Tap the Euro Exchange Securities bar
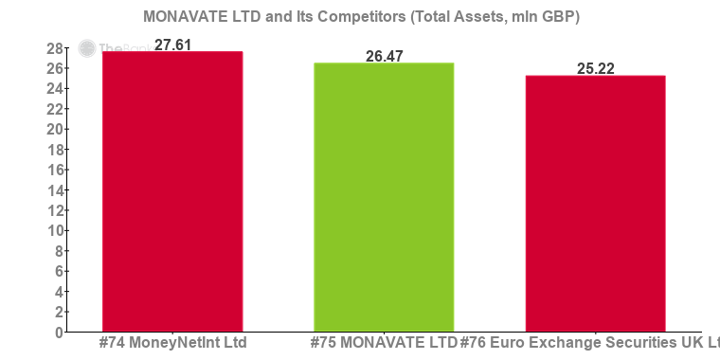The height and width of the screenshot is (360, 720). click(x=595, y=203)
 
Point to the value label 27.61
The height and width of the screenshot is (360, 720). click(x=172, y=44)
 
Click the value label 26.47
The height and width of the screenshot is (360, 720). click(x=384, y=56)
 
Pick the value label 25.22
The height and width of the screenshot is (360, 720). click(x=595, y=68)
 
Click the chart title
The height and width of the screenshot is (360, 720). click(x=361, y=17)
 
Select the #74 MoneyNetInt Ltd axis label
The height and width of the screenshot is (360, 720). click(x=172, y=342)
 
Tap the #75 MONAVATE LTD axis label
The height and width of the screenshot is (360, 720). click(x=384, y=342)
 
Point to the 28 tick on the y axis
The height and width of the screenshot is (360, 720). click(x=54, y=48)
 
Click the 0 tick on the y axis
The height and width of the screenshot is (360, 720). click(x=58, y=333)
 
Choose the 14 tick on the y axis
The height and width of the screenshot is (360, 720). click(x=54, y=190)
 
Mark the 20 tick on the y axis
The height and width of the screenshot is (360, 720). click(x=54, y=130)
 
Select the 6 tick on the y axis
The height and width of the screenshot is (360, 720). click(x=58, y=272)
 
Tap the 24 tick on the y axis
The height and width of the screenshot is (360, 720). click(x=54, y=89)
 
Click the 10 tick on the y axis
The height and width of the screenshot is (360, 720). click(x=54, y=231)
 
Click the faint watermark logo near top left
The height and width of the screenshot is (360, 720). click(x=88, y=48)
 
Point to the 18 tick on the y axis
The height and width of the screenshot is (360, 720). click(x=54, y=150)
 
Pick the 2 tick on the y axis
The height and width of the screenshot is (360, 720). click(x=58, y=313)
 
